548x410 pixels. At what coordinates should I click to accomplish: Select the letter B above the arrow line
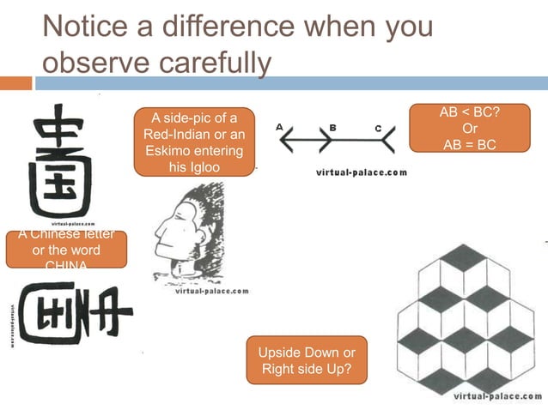click(x=332, y=127)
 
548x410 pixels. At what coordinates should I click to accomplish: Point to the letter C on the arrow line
click(x=378, y=128)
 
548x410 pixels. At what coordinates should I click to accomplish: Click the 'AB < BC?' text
click(x=470, y=112)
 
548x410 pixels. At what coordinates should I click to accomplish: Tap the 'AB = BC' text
click(x=470, y=145)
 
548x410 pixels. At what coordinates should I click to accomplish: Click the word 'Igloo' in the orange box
click(x=195, y=167)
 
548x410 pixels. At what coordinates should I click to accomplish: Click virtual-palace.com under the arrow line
click(x=362, y=172)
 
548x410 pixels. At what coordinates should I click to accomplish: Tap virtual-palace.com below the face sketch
click(x=211, y=291)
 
